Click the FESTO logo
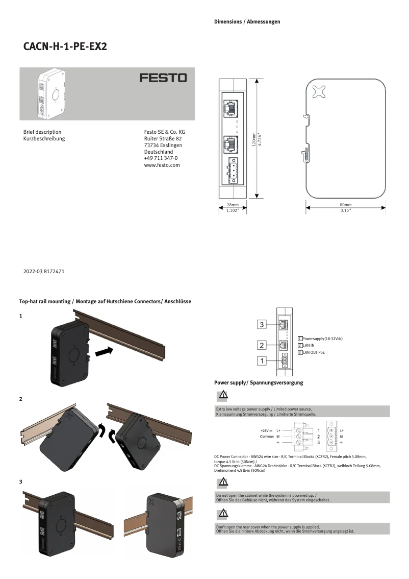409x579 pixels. pos(163,78)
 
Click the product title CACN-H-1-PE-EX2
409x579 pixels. pos(65,46)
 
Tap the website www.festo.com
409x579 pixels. pos(162,165)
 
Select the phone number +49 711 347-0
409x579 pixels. pos(161,158)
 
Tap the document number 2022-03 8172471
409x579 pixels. pos(44,272)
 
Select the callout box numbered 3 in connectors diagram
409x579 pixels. pos(262,325)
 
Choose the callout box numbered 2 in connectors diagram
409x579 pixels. pos(262,346)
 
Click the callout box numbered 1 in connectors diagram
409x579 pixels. pos(262,361)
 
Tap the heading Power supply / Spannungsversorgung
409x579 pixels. pos(259,382)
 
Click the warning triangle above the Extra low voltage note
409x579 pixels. pos(223,395)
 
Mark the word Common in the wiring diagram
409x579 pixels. pos(267,437)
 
